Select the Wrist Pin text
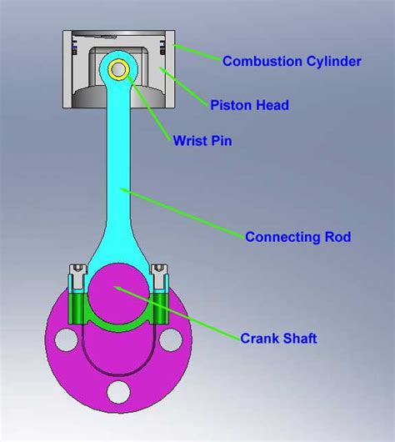click(x=202, y=140)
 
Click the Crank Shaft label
click(x=278, y=339)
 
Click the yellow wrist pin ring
click(x=117, y=69)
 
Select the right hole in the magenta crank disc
click(x=169, y=339)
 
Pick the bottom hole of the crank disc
click(x=117, y=391)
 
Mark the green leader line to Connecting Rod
click(x=183, y=212)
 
